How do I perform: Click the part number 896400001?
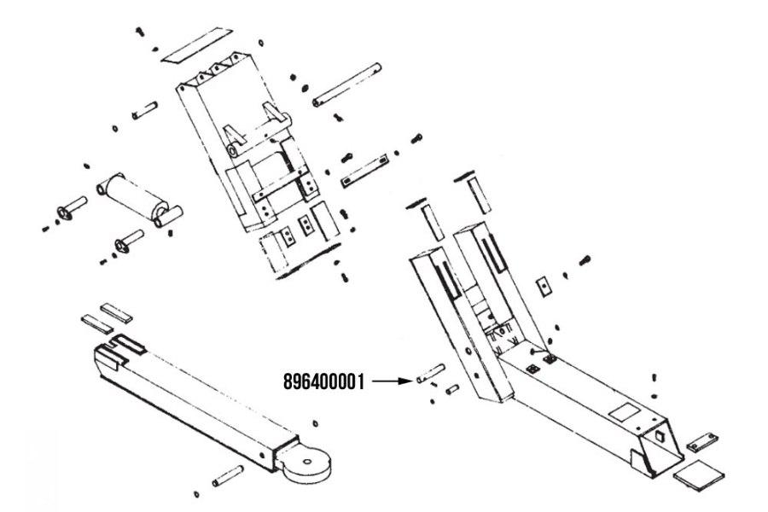pyautogui.click(x=324, y=381)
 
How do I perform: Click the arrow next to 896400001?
pyautogui.click(x=393, y=381)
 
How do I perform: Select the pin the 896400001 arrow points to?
pyautogui.click(x=431, y=373)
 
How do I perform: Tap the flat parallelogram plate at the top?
pyautogui.click(x=197, y=45)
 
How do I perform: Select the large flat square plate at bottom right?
pyautogui.click(x=698, y=474)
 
